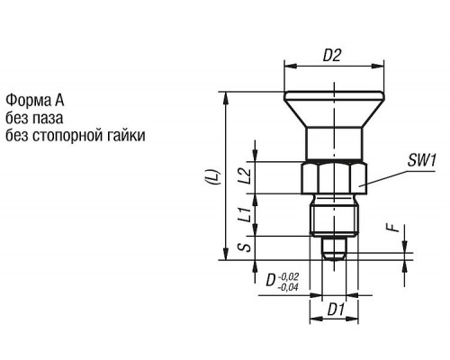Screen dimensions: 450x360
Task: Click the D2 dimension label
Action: click(x=332, y=55)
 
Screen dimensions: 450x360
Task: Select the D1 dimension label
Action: click(x=336, y=310)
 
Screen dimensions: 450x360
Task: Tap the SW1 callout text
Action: click(x=421, y=160)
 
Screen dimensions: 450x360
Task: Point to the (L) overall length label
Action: click(x=216, y=176)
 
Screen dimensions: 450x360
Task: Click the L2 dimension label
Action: click(x=245, y=176)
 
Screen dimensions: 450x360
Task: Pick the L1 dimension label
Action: click(x=245, y=214)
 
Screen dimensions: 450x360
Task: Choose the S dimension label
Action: click(x=245, y=247)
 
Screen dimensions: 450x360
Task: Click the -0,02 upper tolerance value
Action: click(x=289, y=276)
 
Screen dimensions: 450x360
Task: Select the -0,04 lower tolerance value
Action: click(x=288, y=288)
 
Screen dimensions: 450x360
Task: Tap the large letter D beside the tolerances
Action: click(x=271, y=281)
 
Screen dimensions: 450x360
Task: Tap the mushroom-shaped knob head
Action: click(x=334, y=110)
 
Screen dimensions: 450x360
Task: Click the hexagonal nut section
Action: click(x=334, y=178)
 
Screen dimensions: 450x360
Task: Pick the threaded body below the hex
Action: click(x=334, y=215)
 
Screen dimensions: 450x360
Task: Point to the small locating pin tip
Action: click(x=334, y=248)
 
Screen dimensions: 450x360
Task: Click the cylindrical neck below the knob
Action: click(x=334, y=145)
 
